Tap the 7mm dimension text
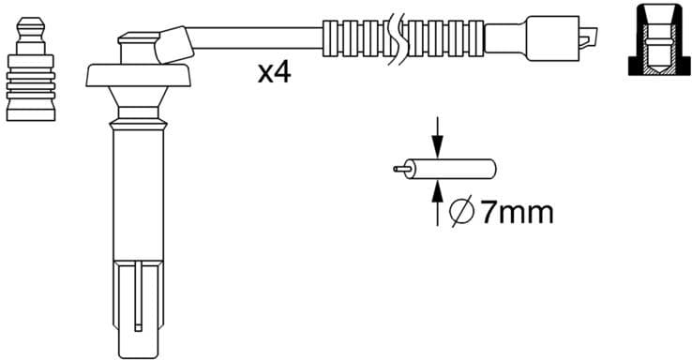[517, 212]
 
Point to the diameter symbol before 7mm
[461, 213]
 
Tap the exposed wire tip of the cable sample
[399, 170]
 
